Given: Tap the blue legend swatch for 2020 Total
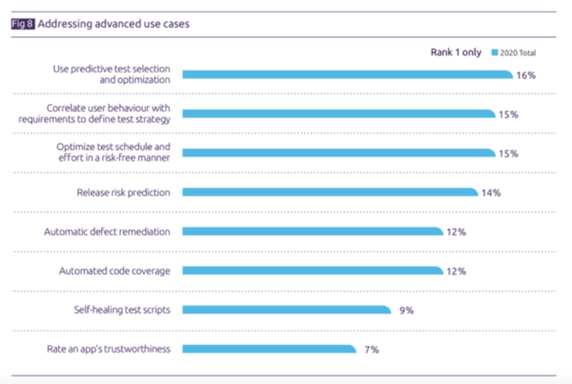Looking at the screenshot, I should [x=495, y=52].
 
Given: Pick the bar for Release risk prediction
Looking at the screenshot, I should [x=330, y=192].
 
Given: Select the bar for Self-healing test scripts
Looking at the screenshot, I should [x=286, y=309].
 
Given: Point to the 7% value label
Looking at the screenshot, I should [x=371, y=349].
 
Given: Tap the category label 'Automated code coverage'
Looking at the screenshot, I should [x=116, y=271].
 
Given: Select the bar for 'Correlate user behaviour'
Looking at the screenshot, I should [x=339, y=113].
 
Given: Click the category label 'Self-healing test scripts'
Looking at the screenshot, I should [x=121, y=310].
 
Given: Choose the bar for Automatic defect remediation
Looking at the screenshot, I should [x=313, y=232].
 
